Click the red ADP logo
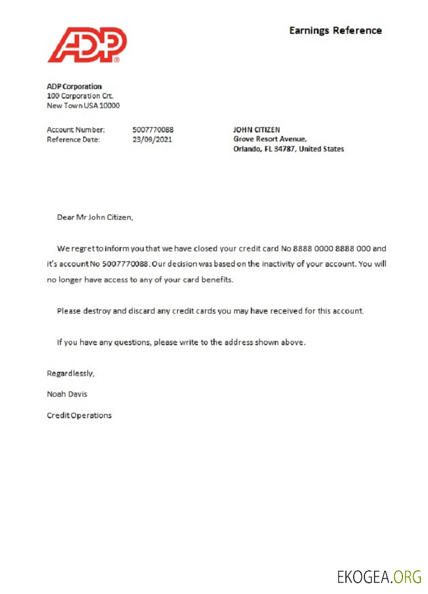[x=87, y=45]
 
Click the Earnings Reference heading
[x=335, y=30]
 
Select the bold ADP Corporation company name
[x=74, y=87]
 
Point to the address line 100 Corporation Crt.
[x=80, y=96]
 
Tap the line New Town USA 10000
[x=83, y=106]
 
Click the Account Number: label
[x=75, y=129]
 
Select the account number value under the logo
[x=153, y=129]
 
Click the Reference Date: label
[x=73, y=140]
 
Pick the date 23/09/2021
[x=153, y=140]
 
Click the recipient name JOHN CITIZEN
[x=256, y=129]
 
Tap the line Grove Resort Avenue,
[x=270, y=140]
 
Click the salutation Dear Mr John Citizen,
[x=95, y=217]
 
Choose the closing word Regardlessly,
[x=71, y=374]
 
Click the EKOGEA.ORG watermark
[x=379, y=576]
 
